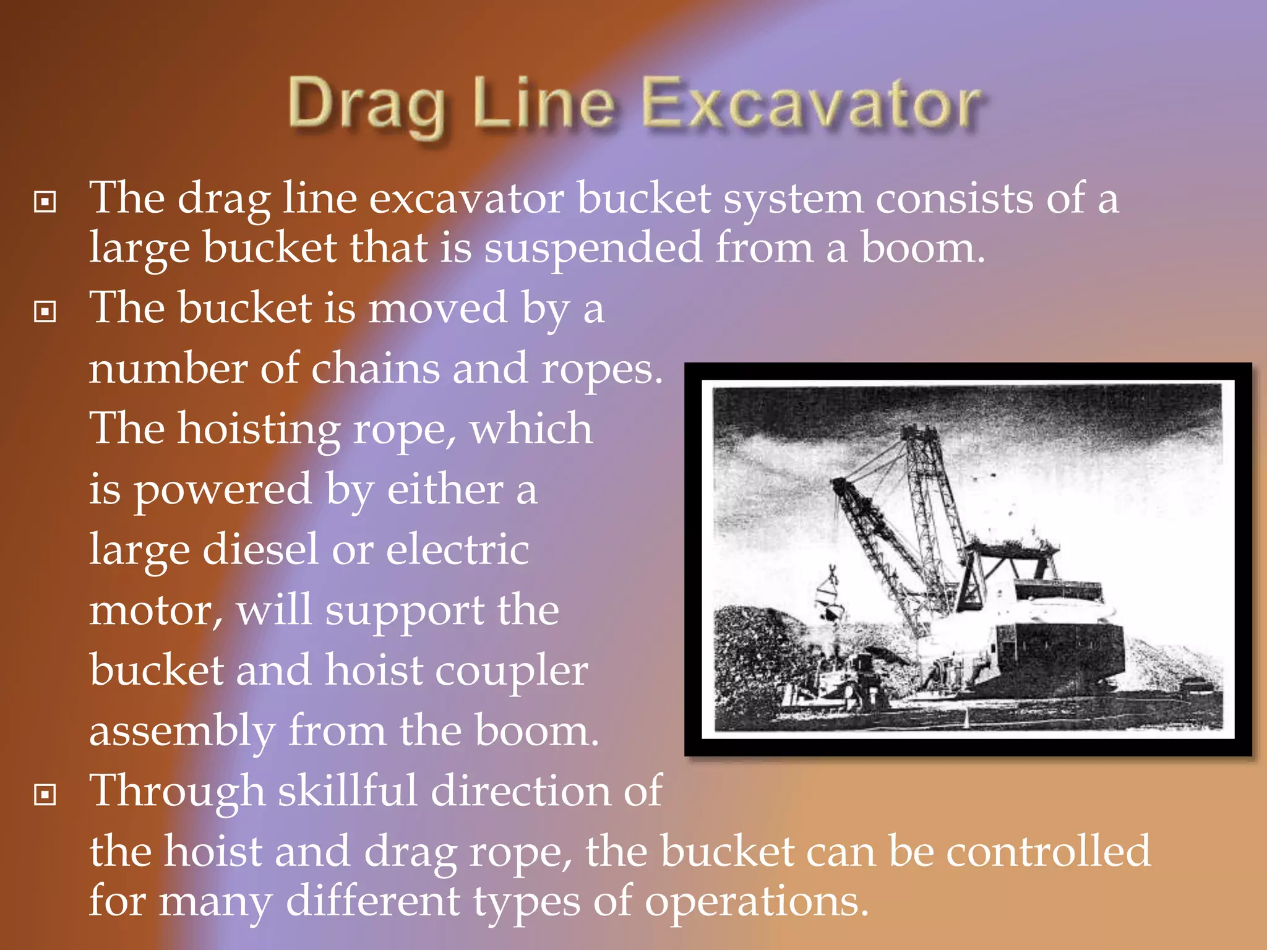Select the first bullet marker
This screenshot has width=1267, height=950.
[45, 202]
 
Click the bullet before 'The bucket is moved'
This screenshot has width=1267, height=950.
[45, 311]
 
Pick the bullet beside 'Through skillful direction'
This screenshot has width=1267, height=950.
[45, 794]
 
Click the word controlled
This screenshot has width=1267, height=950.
[1049, 852]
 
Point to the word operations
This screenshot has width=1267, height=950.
[757, 902]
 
